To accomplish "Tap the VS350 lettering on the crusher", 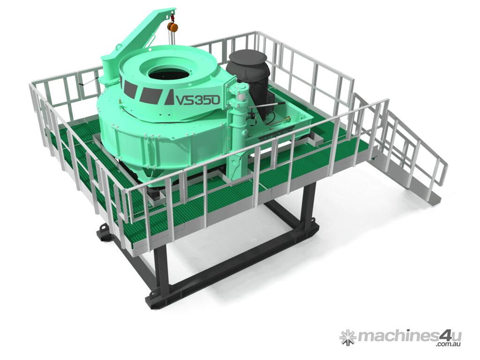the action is tap(197, 99).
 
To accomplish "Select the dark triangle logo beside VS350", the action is tap(170, 98).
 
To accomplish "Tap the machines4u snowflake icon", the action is tap(348, 337).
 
